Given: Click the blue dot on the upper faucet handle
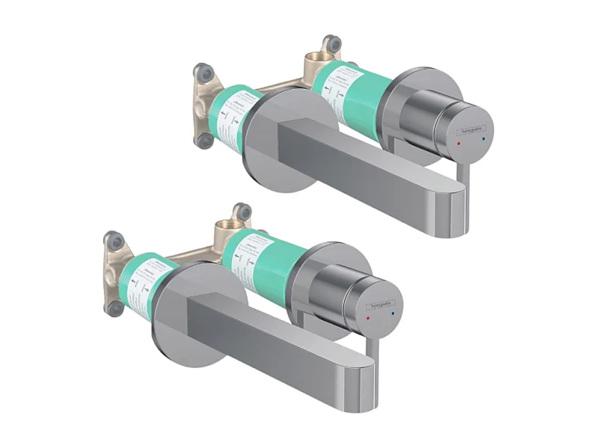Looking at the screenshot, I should [484, 140].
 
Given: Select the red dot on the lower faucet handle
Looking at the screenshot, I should [369, 317].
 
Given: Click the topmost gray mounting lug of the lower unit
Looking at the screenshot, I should [241, 211].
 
